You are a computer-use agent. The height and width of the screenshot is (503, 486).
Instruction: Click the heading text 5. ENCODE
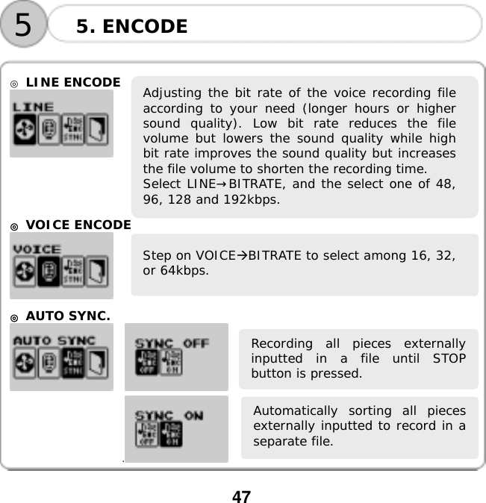(131, 28)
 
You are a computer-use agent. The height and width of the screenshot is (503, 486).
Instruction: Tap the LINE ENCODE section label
(72, 81)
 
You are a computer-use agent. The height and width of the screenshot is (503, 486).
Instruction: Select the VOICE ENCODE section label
(78, 224)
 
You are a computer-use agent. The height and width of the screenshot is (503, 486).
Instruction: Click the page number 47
(241, 496)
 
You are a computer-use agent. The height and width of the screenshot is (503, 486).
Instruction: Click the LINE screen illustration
(61, 124)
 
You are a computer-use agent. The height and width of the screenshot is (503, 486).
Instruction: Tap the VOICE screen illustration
(61, 265)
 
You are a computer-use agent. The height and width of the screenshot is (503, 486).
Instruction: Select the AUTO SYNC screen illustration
(61, 357)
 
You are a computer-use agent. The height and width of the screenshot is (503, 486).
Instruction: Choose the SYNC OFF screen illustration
(176, 357)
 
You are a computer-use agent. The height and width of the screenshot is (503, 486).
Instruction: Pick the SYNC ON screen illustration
(176, 428)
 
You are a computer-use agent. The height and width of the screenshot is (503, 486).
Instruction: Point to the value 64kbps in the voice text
(186, 269)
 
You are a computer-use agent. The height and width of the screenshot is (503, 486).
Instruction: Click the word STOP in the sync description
(448, 358)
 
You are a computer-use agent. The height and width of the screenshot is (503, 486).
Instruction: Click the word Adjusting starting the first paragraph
(170, 93)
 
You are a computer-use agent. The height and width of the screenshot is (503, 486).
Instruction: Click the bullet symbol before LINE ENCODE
(15, 82)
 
